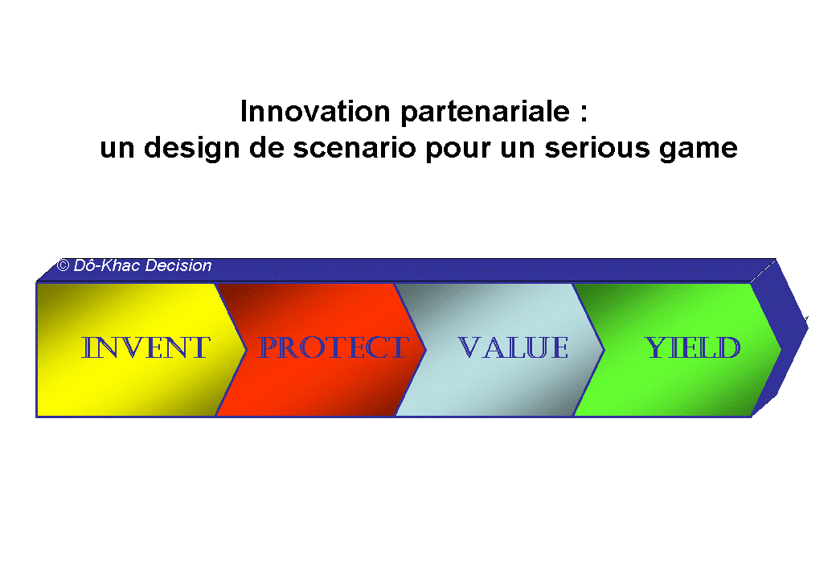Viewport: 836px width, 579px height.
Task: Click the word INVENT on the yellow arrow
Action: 146,348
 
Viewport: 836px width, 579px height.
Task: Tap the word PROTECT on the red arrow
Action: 331,348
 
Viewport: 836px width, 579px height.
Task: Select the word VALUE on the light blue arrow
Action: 513,348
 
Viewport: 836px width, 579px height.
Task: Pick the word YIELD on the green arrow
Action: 693,348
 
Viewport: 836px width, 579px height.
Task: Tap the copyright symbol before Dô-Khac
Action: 63,265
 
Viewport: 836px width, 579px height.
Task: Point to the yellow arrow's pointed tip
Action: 244,349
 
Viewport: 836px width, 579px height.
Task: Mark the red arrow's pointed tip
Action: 424,349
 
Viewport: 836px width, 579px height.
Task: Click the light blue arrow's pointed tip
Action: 603,349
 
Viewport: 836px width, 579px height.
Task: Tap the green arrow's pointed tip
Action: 779,349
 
